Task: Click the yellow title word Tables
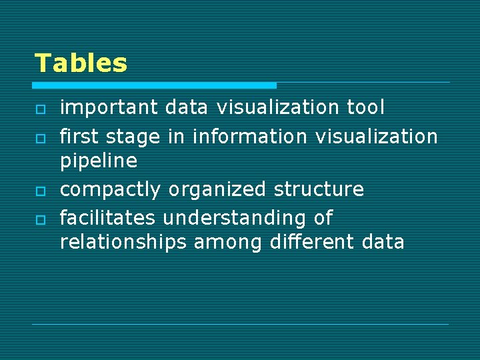pos(81,63)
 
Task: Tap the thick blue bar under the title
pos(154,85)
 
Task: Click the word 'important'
pos(109,107)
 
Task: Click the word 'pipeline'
pos(98,161)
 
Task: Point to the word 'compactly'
pos(110,190)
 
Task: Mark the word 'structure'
pos(319,189)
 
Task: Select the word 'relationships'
pos(123,241)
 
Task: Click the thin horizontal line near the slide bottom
pos(240,324)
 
